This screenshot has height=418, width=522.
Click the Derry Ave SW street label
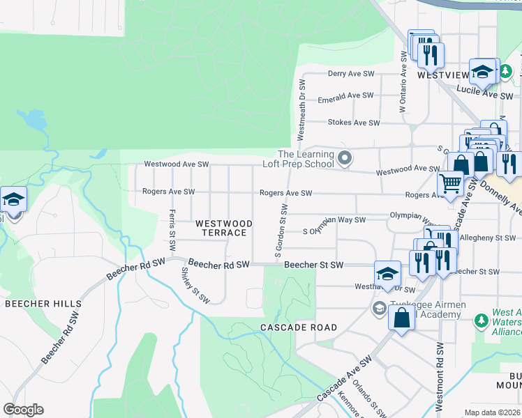[x=352, y=73]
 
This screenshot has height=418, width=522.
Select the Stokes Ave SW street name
[x=354, y=123]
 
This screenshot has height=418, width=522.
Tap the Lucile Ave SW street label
[x=484, y=91]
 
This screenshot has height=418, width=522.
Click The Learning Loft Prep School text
[x=305, y=160]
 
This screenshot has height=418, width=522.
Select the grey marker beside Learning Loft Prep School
[x=343, y=159]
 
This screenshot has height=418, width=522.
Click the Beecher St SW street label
[x=314, y=265]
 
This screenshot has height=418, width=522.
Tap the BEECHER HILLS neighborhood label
[x=43, y=304]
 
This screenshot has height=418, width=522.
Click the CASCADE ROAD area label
[x=299, y=327]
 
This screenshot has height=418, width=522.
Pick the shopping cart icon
[x=451, y=184]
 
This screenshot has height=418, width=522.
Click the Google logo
[x=23, y=410]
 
